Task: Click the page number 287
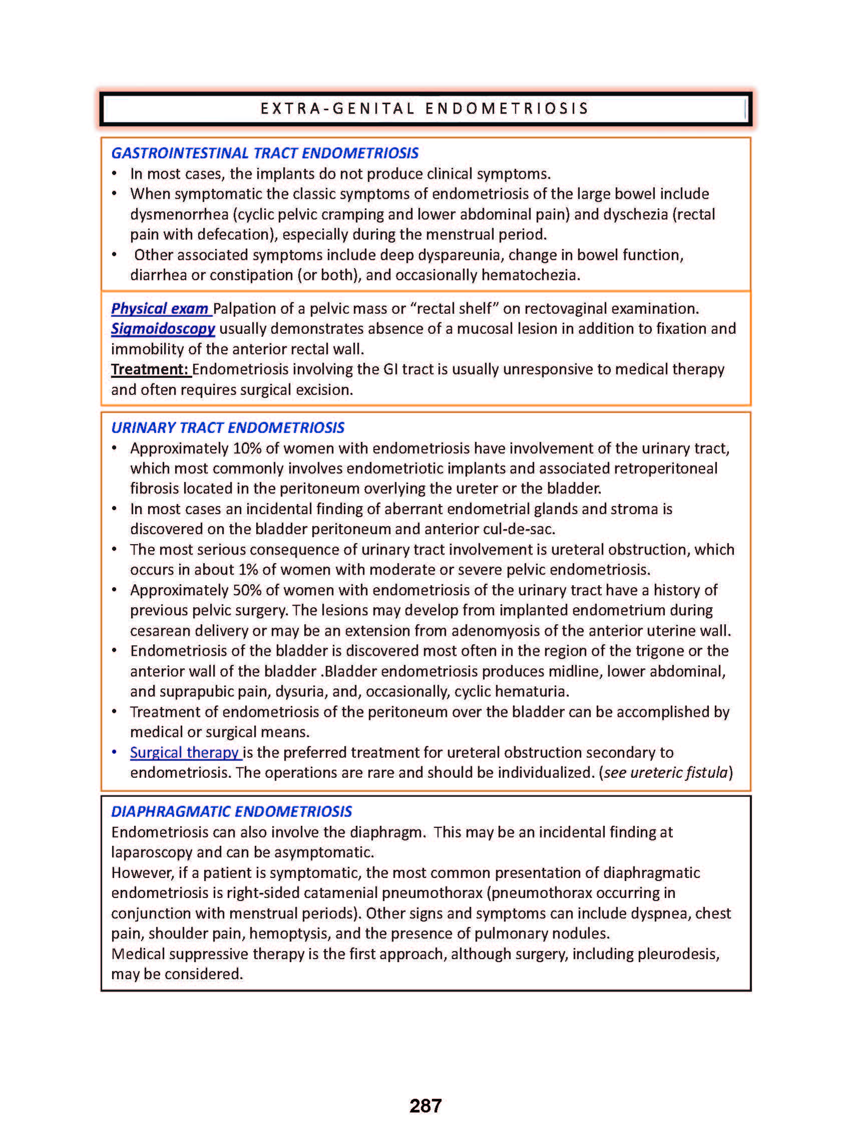(x=425, y=1105)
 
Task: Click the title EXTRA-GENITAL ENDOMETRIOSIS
(x=424, y=108)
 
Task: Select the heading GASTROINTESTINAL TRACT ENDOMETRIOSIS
(x=265, y=153)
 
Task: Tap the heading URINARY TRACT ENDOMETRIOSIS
(x=227, y=427)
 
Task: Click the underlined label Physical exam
(x=160, y=309)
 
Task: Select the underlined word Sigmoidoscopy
(x=163, y=329)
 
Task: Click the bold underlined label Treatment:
(x=150, y=369)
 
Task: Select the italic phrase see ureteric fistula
(x=665, y=772)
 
